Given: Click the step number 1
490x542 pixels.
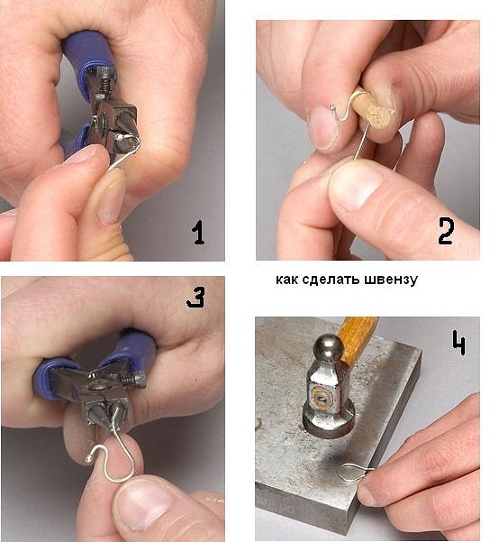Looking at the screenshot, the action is coord(198,233).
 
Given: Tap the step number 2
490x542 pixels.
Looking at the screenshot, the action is coord(446,232).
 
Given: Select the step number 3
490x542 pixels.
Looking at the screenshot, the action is coord(195,298).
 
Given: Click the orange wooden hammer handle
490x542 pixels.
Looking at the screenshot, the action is coord(358,342).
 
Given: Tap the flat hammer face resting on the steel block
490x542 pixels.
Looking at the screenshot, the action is coord(329,421).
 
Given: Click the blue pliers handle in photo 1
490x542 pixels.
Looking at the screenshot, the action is coord(88,55).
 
